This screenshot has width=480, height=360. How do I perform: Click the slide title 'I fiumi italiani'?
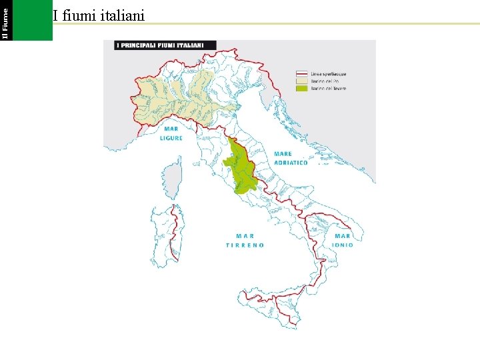pos(99,15)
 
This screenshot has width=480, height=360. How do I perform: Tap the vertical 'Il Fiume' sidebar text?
pos(5,20)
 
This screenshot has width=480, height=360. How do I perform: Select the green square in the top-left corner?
pos(32,20)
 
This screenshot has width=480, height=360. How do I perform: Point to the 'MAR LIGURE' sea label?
pos(171,134)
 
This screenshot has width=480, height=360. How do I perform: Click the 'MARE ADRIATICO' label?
pos(291,158)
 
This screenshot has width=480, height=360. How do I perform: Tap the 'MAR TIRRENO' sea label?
pos(245,241)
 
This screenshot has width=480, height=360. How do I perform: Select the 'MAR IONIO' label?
pos(343,240)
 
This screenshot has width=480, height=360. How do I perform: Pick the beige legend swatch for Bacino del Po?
pos(301,80)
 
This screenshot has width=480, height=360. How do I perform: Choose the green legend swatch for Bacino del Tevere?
pos(301,88)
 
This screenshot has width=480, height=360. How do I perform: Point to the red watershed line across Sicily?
pos(273,296)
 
